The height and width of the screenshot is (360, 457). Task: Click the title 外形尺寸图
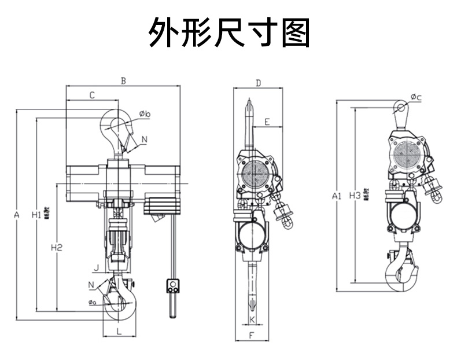(x=229, y=32)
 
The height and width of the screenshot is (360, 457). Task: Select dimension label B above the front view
(x=123, y=80)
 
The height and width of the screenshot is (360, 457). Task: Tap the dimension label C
(x=92, y=95)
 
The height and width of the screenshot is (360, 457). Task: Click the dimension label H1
(x=36, y=215)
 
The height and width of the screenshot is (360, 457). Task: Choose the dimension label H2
(x=56, y=248)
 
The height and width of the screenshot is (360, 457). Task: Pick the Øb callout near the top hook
(x=145, y=114)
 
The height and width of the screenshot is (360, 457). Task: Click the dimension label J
(x=98, y=267)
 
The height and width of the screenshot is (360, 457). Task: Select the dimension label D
(x=258, y=83)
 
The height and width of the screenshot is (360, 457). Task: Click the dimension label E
(x=267, y=122)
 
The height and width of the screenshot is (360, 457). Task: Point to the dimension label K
(x=252, y=319)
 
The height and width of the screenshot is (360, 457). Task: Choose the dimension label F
(x=252, y=335)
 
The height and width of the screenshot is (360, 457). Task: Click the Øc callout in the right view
(x=416, y=97)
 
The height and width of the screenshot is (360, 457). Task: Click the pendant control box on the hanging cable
(x=172, y=285)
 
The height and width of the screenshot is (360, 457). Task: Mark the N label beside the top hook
(x=143, y=139)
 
